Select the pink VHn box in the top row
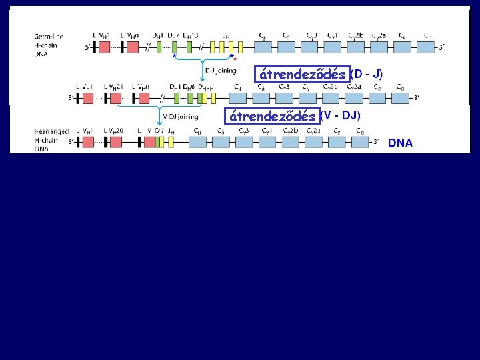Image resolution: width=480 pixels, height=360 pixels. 132,47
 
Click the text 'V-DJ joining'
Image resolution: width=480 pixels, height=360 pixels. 180,117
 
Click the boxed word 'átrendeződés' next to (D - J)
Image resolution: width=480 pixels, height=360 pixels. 303,74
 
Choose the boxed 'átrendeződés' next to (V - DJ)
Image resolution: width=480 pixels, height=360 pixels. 271,116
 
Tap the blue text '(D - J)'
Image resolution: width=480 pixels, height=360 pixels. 367,72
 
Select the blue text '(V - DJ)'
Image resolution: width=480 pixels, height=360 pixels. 341,115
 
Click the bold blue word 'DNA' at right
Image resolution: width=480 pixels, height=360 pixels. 400,143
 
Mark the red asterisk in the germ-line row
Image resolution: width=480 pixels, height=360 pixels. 234,59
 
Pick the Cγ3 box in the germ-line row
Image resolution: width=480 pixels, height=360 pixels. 312,47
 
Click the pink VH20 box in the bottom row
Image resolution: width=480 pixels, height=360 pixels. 115,141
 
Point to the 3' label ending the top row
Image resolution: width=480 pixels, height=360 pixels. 441,47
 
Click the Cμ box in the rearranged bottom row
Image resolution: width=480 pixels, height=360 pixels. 198,141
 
